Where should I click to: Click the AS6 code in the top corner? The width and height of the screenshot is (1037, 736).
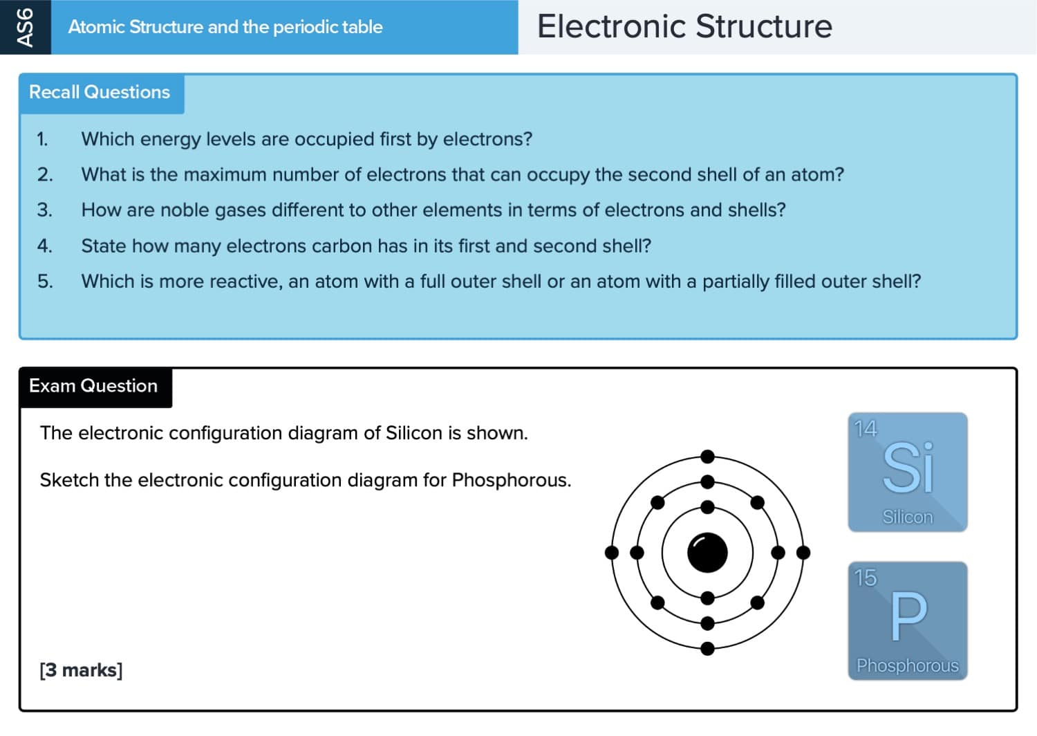(25, 27)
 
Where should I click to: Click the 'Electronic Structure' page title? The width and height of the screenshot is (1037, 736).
(684, 27)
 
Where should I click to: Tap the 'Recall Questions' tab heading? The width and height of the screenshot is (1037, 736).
(100, 92)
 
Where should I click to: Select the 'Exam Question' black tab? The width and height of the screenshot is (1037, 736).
(93, 386)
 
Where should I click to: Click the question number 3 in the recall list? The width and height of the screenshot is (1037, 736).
(44, 210)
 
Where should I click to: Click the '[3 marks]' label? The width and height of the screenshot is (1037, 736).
(81, 670)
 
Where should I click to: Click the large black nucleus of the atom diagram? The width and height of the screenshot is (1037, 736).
(707, 553)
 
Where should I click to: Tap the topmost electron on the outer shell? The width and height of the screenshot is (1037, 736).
(707, 457)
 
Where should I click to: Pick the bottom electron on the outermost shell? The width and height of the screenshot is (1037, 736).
(707, 649)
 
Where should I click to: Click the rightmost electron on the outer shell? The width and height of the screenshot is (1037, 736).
(803, 553)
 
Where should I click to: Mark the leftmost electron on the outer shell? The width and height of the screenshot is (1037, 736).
(612, 553)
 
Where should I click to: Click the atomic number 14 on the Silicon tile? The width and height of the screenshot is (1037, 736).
(866, 429)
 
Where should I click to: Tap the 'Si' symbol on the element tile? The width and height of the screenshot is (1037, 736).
(908, 468)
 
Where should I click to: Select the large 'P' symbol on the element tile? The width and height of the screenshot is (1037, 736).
(908, 616)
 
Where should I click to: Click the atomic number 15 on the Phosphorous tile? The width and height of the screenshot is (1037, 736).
(866, 578)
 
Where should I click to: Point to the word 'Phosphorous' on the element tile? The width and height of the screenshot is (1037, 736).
(908, 665)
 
